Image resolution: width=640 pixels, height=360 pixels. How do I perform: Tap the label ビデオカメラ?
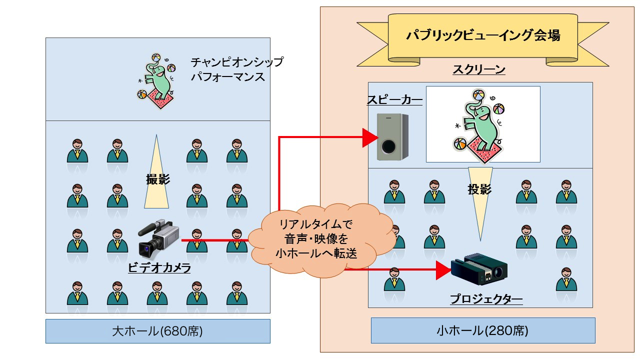pos(159,268)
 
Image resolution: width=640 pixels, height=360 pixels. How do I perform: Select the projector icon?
pos(479,270)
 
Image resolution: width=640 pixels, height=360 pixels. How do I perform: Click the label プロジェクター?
pos(486,300)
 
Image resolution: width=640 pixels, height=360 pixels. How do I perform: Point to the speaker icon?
pos(392,136)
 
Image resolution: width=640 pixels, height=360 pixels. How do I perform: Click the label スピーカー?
pos(394,100)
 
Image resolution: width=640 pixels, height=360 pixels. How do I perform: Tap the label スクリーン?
pos(478,70)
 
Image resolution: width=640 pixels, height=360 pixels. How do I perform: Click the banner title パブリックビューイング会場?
pos(482,36)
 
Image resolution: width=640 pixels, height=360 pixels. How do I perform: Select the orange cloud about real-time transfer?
pos(318,236)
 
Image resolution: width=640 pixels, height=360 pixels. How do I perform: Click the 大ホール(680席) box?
pos(157,331)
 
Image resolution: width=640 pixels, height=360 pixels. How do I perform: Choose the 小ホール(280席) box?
pos(482,330)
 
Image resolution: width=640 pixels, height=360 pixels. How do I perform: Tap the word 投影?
pos(479,189)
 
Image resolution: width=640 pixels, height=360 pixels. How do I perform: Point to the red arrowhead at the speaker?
pos(370,137)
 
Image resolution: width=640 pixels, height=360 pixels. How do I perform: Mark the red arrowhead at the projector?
pos(443,270)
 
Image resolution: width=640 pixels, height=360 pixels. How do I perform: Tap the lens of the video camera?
pos(147,247)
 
